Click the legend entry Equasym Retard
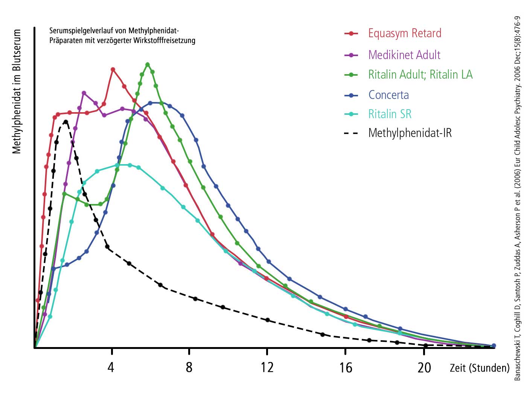pyautogui.click(x=405, y=34)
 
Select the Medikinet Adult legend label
pyautogui.click(x=404, y=55)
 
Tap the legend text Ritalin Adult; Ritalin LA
pyautogui.click(x=420, y=75)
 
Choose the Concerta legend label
pyautogui.click(x=388, y=95)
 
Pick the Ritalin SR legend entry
pyautogui.click(x=390, y=114)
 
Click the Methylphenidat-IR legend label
pyautogui.click(x=410, y=133)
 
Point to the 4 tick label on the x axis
pyautogui.click(x=111, y=367)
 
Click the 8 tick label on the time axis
pyautogui.click(x=189, y=367)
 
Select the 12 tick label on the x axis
pyautogui.click(x=267, y=367)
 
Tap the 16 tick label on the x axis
pyautogui.click(x=346, y=367)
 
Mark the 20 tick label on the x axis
pyautogui.click(x=424, y=367)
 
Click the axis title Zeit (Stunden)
pyautogui.click(x=479, y=368)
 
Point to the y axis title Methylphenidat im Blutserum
pyautogui.click(x=17, y=91)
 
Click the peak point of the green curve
pyautogui.click(x=148, y=64)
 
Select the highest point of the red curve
pyautogui.click(x=113, y=69)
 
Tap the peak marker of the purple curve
pyautogui.click(x=84, y=93)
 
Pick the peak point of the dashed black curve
pyautogui.click(x=66, y=122)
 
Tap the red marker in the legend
pyautogui.click(x=351, y=34)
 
